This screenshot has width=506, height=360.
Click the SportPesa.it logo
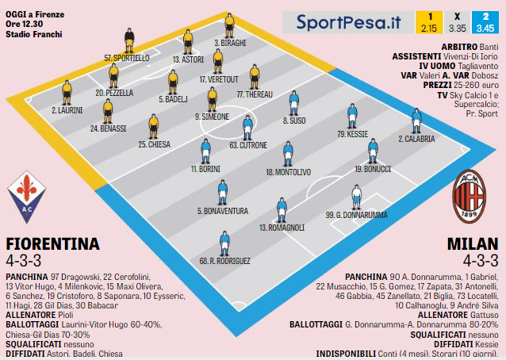[x=348, y=22]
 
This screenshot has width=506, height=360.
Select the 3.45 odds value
[x=484, y=28]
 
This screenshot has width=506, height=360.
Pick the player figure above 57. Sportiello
[x=128, y=41]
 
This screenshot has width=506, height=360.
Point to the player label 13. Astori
[x=188, y=59]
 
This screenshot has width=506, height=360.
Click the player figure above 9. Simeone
[x=212, y=98]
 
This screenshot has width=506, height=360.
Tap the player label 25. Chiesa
[x=153, y=144]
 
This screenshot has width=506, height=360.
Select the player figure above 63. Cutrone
[x=247, y=127]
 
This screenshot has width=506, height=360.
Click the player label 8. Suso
[x=294, y=121]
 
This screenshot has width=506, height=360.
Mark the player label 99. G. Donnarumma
[x=356, y=215]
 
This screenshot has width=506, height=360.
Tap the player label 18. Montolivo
[x=288, y=171]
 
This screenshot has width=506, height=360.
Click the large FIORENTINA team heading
[x=52, y=243]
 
